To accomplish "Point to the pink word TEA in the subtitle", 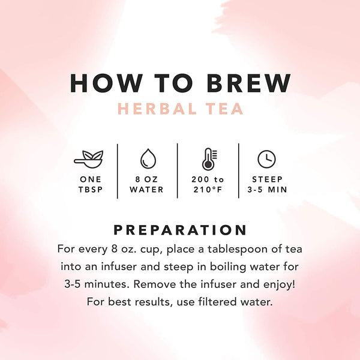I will point(222,109).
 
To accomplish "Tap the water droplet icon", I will point(147,158).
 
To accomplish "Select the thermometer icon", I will point(208,159).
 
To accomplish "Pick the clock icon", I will point(266,159).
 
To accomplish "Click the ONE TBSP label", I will point(90,184).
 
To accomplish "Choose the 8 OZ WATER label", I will point(147,184).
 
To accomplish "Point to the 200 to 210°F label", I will point(208,184).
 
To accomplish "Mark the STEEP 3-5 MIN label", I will point(266,184).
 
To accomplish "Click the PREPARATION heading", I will point(180,230).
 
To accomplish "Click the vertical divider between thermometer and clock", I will point(239,169).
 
